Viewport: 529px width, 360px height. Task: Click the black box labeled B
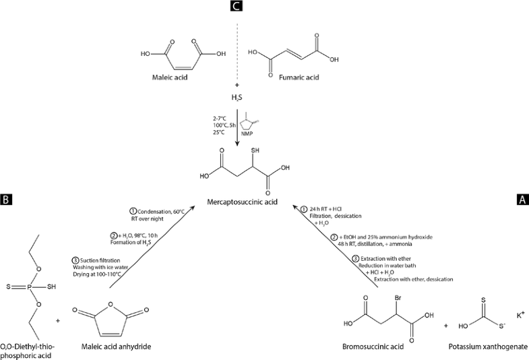(x=6, y=199)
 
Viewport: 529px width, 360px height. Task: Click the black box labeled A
(x=522, y=199)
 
